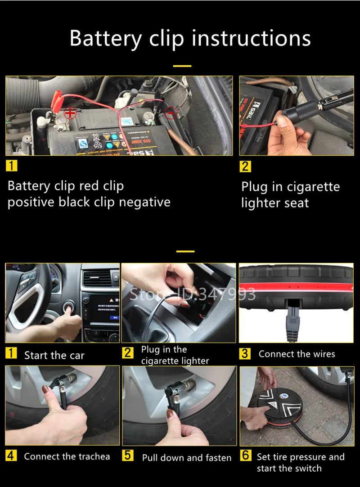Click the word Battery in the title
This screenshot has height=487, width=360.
[x=106, y=39]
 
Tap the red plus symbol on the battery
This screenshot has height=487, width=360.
[x=70, y=113]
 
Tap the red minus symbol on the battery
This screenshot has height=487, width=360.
[x=171, y=113]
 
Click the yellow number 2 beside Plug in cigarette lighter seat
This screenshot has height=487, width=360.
[x=245, y=166]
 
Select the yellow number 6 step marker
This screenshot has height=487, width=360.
[x=245, y=455]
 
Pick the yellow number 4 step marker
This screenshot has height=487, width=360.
[x=11, y=455]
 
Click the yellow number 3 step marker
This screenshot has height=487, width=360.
[x=245, y=353]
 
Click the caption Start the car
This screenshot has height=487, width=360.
[x=54, y=355]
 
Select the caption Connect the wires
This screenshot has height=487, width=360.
[x=297, y=354]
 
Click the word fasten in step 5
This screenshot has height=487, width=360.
[x=218, y=457]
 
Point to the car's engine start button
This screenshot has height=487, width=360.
[x=67, y=308]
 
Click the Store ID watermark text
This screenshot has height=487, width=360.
[x=193, y=294]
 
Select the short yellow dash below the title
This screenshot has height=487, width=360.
[x=182, y=66]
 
